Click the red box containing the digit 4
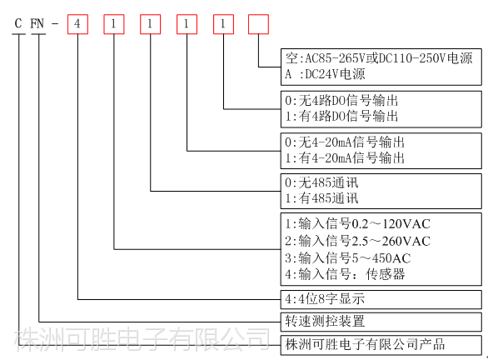point(77,24)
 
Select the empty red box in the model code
point(258,24)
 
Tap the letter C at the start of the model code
point(18,23)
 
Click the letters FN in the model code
point(37,23)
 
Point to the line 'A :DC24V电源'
point(325,74)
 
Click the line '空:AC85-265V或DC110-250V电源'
point(379,58)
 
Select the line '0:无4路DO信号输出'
point(341,101)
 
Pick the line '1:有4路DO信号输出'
point(341,116)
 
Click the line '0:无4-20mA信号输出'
point(345,142)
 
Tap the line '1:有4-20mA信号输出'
point(345,157)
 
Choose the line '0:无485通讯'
point(321,182)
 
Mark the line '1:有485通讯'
point(321,198)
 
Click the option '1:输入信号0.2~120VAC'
point(357,224)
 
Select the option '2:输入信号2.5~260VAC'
point(357,241)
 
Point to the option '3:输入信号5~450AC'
point(347,258)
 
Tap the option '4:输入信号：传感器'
point(345,274)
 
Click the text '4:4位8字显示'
point(325,298)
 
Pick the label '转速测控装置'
point(325,321)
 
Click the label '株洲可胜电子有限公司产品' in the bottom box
point(365,344)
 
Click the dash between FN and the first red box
point(55,23)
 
